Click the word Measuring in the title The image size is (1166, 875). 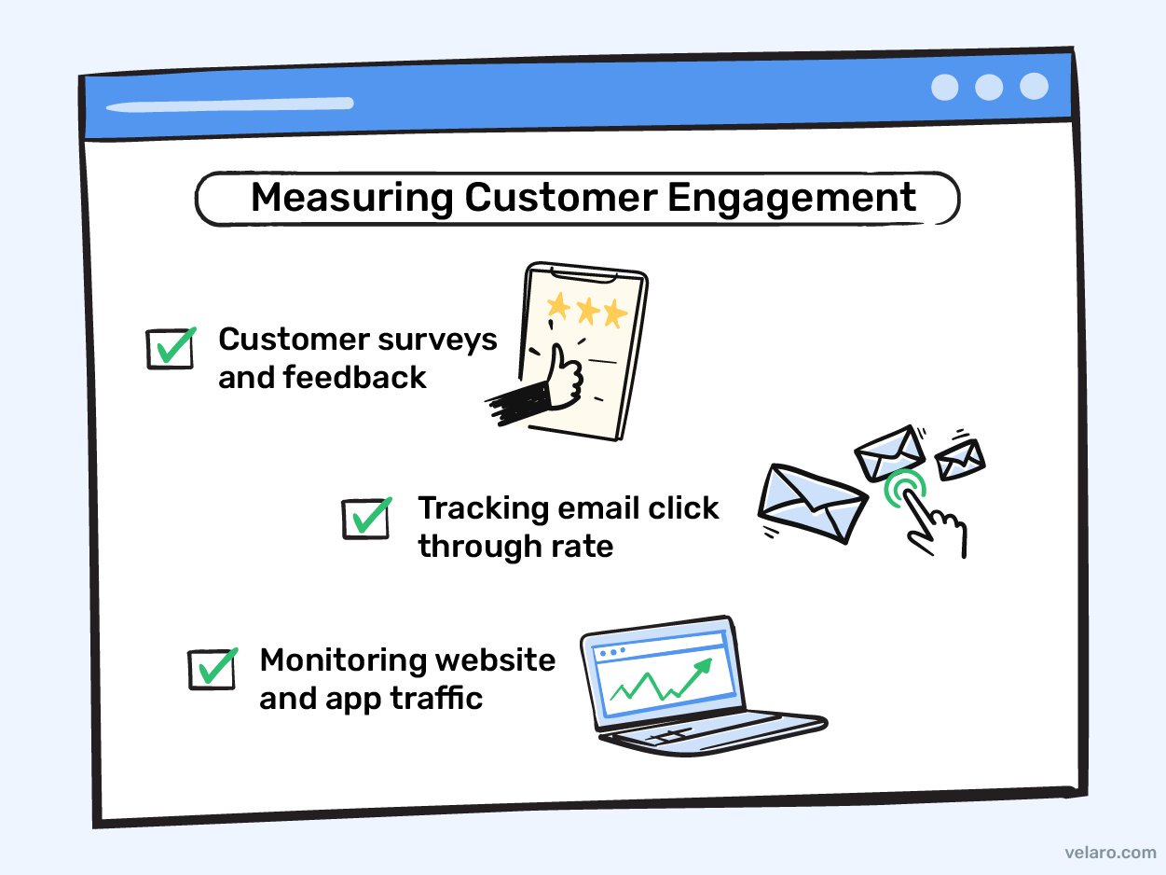(352, 199)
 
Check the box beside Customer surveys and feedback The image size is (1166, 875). (171, 347)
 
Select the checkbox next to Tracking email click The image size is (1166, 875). (366, 518)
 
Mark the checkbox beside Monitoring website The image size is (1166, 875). (213, 668)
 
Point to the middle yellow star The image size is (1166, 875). (587, 311)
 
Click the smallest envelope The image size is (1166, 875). (960, 458)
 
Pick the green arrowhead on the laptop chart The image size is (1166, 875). (704, 664)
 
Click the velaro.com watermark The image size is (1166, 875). (1109, 853)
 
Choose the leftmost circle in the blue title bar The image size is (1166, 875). (944, 87)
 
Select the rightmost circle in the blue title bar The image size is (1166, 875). (1034, 86)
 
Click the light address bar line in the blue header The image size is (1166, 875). (229, 104)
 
